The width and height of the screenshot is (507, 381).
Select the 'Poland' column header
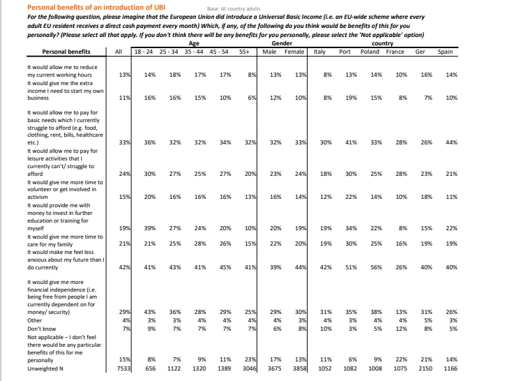coord(370,52)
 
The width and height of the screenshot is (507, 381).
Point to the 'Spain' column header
coord(445,52)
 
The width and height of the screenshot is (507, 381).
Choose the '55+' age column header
coord(244,52)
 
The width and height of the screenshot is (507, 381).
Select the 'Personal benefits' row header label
coord(66,52)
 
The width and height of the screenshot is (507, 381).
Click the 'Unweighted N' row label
coord(45,368)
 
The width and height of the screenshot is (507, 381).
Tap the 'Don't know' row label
coord(42,328)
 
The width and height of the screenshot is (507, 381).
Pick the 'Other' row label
coord(36,320)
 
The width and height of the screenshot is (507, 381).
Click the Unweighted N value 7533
coord(123,368)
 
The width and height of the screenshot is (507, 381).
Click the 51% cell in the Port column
coord(351,267)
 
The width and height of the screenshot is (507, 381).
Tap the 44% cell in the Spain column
coord(451,142)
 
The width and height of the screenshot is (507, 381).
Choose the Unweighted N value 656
coord(150,368)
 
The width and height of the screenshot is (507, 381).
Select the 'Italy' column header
coord(320,52)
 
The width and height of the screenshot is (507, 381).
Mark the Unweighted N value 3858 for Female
coord(298,368)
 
